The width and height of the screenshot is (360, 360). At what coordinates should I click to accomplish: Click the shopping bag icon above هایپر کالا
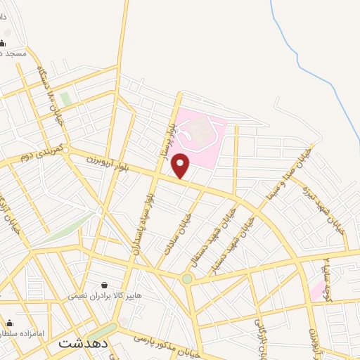pyautogui.click(x=105, y=285)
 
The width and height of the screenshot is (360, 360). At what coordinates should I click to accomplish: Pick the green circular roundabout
pyautogui.click(x=187, y=278)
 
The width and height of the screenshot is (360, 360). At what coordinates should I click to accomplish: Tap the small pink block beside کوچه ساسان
pyautogui.click(x=318, y=288)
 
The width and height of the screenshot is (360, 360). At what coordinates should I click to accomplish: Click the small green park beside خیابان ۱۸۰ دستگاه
pyautogui.click(x=66, y=99)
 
